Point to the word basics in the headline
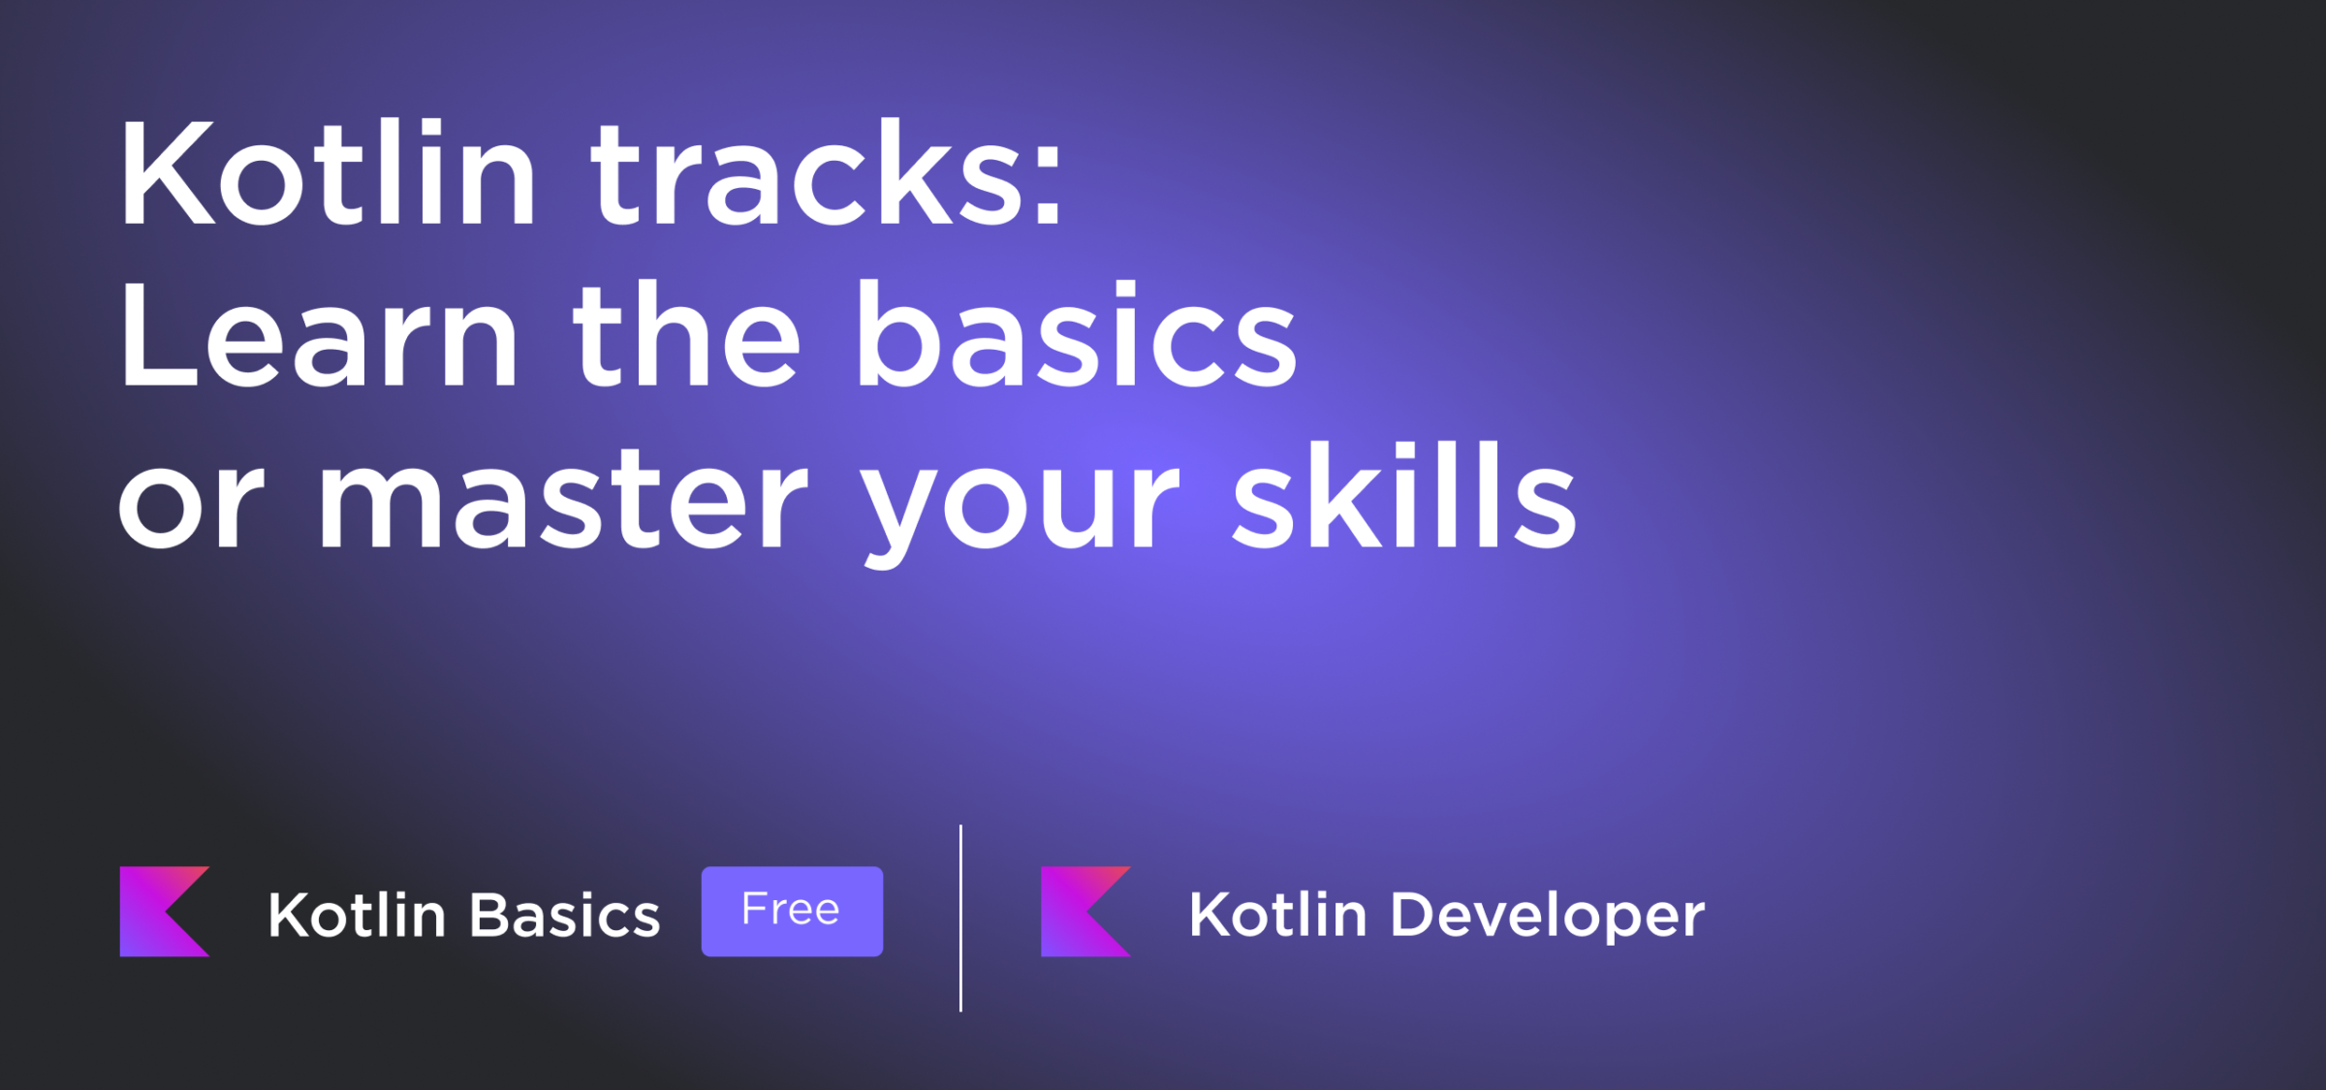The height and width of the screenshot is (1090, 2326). tap(1076, 334)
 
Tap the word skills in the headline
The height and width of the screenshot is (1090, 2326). tap(1404, 495)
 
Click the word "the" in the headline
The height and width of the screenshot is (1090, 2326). tap(687, 334)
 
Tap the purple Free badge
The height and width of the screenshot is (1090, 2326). tap(792, 911)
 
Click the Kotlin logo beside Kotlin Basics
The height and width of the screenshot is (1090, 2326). tap(165, 911)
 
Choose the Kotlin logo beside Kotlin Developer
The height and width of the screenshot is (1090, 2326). tap(1085, 911)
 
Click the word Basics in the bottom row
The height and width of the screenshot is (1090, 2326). tap(565, 915)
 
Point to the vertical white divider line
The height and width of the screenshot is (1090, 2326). tap(960, 919)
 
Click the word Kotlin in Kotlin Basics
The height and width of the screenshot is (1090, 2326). tap(357, 915)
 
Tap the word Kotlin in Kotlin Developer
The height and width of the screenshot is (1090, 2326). tap(1277, 915)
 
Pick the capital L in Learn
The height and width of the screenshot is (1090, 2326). tap(158, 335)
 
